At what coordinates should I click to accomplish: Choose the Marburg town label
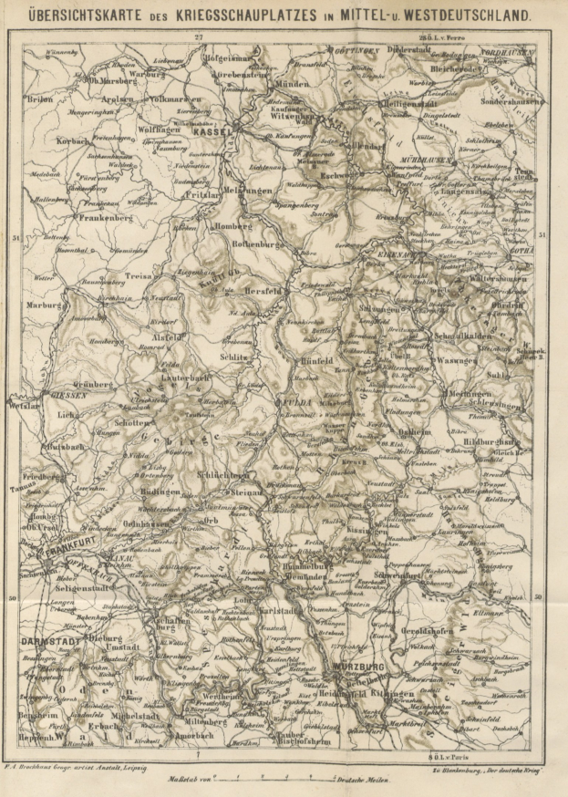pyautogui.click(x=43, y=305)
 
